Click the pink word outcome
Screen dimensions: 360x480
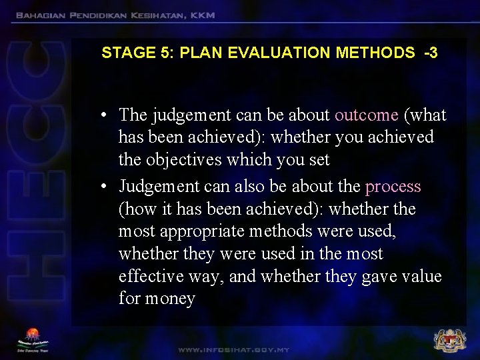366,115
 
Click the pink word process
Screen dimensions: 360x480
393,186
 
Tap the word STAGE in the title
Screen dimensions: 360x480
122,53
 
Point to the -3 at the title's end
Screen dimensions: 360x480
430,53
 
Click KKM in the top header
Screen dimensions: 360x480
201,15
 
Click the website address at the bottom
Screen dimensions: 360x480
233,349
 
